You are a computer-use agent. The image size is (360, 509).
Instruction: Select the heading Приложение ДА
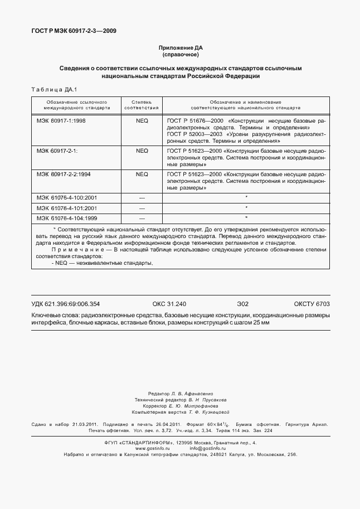tap(179, 49)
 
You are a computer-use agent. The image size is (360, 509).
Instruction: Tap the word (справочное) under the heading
tap(179, 55)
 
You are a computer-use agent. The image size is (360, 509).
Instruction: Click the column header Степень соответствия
tap(142, 105)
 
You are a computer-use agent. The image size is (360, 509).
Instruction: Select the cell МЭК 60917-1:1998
tap(61, 120)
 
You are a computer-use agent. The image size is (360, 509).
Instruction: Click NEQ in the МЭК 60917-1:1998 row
tap(142, 120)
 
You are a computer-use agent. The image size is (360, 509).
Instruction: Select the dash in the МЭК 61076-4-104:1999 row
tap(142, 219)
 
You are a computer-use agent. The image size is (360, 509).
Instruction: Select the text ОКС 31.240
tap(169, 304)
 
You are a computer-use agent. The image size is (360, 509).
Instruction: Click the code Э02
tap(242, 304)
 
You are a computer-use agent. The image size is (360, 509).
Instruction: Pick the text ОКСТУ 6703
tap(312, 304)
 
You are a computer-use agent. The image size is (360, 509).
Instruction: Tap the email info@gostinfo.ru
tap(207, 448)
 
